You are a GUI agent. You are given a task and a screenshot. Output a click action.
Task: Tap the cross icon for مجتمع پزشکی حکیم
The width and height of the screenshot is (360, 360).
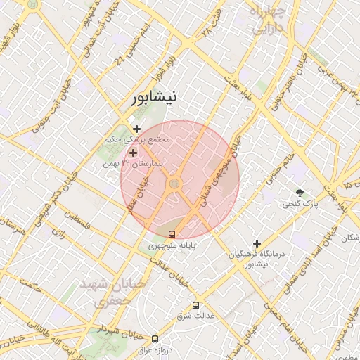136,129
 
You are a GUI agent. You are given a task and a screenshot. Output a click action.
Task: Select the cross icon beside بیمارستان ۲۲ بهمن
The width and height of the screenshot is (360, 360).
133,152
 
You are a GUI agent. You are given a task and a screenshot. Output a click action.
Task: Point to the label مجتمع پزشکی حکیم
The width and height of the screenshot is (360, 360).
138,141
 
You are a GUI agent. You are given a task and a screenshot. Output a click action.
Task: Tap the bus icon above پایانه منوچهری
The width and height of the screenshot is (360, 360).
173,234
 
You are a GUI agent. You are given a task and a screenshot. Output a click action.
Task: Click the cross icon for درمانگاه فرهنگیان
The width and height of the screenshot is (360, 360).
257,243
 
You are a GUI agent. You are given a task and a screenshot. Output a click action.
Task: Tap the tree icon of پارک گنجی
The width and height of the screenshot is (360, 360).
301,192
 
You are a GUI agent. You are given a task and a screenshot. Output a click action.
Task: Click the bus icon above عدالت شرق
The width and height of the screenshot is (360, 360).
195,305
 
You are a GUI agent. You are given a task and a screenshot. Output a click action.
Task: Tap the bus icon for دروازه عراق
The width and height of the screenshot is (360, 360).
155,339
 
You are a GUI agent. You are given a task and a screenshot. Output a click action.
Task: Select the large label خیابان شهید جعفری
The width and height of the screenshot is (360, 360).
103,290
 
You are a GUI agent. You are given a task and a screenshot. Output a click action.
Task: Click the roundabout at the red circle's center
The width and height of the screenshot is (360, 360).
174,184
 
